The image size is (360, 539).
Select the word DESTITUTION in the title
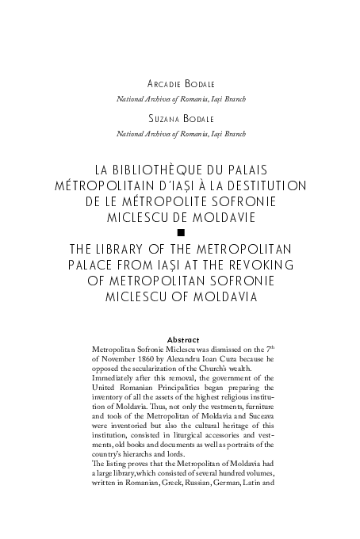tap(262, 185)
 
